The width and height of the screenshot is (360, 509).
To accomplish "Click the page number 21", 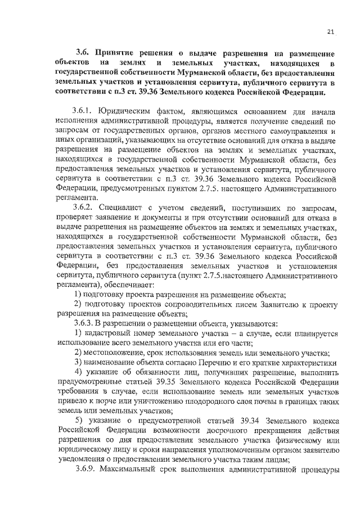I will point(330,32).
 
